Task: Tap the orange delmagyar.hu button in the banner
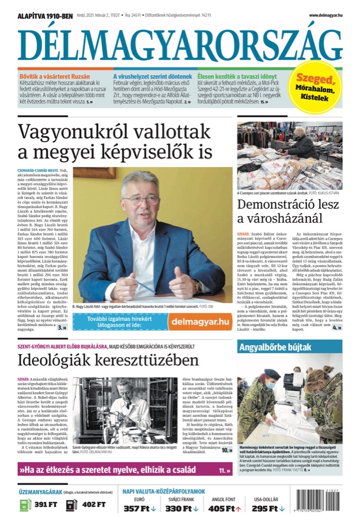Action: coord(200,322)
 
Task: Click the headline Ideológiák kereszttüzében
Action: coord(100,360)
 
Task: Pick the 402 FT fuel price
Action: coord(93,505)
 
